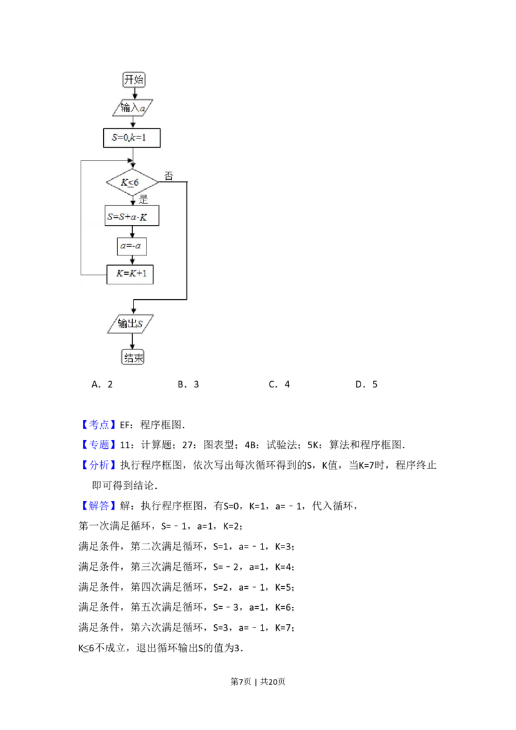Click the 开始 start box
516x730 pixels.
(134, 80)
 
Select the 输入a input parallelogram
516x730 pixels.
(134, 108)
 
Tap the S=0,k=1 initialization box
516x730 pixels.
(132, 138)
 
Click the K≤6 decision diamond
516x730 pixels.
(132, 182)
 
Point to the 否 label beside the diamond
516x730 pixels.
(169, 175)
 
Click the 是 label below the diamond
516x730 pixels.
(143, 199)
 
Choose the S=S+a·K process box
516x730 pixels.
(132, 217)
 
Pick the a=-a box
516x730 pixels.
(132, 246)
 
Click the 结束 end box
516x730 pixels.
(133, 357)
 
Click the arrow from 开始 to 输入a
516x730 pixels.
(134, 94)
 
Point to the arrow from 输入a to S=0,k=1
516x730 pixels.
(133, 123)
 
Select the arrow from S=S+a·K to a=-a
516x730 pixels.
(132, 232)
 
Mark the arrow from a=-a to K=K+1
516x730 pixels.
(132, 260)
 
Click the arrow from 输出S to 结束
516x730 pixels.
(132, 341)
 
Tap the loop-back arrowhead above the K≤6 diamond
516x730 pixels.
(132, 162)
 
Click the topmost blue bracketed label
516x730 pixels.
(99, 425)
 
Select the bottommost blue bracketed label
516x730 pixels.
(99, 506)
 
